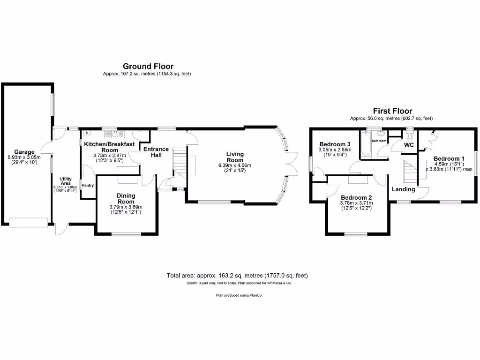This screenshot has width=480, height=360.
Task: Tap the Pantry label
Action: [88, 185]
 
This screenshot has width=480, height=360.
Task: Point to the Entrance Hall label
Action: [156, 152]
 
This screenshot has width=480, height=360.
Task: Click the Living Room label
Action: [235, 157]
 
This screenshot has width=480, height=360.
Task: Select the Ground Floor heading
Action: [148, 67]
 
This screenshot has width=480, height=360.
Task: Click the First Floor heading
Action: [391, 111]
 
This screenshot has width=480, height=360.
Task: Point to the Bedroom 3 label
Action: [335, 144]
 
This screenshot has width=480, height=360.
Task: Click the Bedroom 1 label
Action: [449, 158]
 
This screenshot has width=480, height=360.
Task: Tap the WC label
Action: [409, 145]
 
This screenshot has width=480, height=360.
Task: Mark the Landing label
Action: [404, 189]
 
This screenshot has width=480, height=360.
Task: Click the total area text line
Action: [237, 276]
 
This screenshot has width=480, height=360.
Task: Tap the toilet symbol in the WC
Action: [411, 136]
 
